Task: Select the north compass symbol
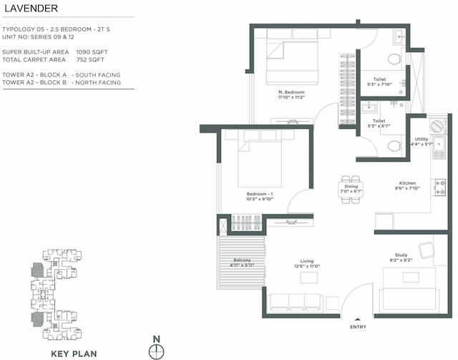pyautogui.click(x=157, y=351)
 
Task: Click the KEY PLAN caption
pyautogui.click(x=74, y=353)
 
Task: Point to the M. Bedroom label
pyautogui.click(x=291, y=92)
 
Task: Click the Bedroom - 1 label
pyautogui.click(x=259, y=194)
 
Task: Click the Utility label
pyautogui.click(x=422, y=139)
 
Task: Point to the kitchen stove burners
pyautogui.click(x=440, y=188)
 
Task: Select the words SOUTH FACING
pyautogui.click(x=98, y=74)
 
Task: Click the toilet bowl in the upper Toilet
pyautogui.click(x=392, y=59)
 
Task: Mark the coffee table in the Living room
pyautogui.click(x=309, y=277)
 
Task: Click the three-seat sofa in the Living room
pyautogui.click(x=294, y=302)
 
